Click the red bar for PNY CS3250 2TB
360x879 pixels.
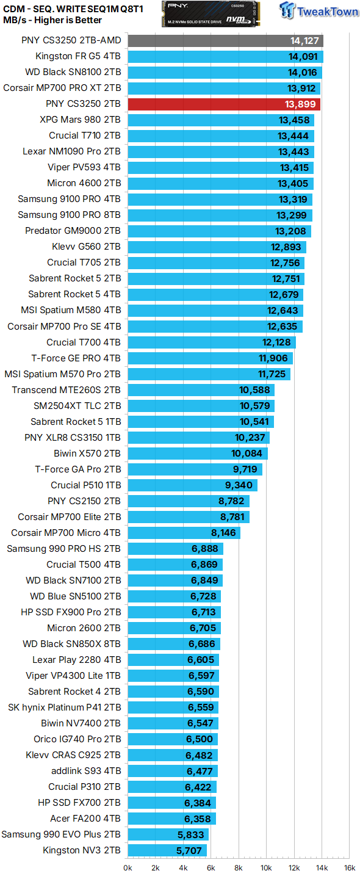point(223,104)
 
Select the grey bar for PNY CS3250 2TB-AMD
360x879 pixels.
point(225,41)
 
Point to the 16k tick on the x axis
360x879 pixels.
point(349,867)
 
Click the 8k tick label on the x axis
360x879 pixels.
point(239,867)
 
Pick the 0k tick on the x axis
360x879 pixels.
point(128,867)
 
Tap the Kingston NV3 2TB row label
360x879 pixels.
point(82,850)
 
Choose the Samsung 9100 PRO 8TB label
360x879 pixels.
point(69,215)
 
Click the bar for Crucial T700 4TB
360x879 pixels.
point(211,342)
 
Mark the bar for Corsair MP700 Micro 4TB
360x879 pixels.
point(184,532)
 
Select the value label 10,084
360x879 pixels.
point(247,453)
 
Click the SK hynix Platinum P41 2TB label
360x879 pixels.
point(64,707)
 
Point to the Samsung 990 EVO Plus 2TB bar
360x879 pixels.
point(168,834)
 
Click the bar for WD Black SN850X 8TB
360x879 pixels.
point(174,643)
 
